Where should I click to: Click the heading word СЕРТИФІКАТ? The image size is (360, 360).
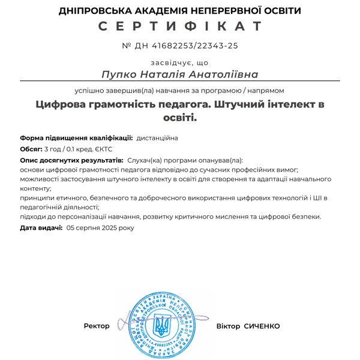[180, 26]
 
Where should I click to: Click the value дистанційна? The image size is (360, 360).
[157, 137]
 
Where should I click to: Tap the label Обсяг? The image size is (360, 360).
[31, 149]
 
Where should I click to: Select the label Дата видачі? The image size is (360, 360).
[41, 228]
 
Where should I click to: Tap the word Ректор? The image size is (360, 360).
[97, 326]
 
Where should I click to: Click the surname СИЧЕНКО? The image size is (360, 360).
[262, 326]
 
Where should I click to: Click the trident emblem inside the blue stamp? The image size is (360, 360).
[161, 325]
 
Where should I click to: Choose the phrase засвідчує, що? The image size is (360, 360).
[180, 62]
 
